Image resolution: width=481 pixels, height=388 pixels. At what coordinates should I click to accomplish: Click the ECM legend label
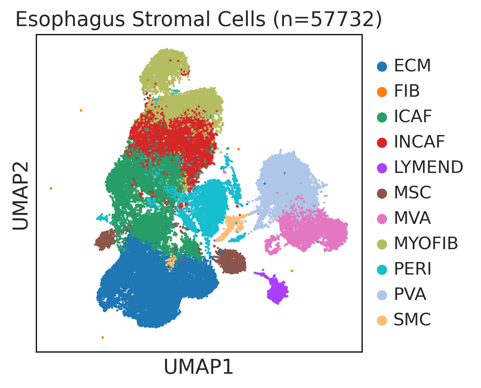(412, 66)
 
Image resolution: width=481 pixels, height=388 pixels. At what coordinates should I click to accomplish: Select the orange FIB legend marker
(382, 92)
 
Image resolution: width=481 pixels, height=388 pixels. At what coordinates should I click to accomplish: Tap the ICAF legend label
(412, 117)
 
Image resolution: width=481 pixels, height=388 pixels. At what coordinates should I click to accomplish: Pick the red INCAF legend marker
(382, 143)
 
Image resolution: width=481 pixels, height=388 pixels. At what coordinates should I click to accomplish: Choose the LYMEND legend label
(428, 167)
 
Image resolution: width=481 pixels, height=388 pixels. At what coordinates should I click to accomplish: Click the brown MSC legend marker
(382, 193)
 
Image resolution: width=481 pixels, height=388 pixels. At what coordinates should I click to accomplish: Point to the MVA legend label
(412, 218)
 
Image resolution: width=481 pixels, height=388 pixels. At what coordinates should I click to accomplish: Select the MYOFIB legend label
(426, 243)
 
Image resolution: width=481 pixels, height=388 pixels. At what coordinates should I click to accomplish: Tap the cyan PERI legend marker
(382, 270)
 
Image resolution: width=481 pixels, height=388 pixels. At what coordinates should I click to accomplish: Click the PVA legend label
(410, 294)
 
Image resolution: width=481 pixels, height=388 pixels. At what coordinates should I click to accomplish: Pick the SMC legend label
(412, 319)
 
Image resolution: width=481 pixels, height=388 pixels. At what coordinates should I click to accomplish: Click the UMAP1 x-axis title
(198, 367)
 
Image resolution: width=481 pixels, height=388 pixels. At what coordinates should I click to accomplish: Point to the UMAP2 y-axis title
(21, 196)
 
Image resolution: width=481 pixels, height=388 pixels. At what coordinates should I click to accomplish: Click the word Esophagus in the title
(70, 20)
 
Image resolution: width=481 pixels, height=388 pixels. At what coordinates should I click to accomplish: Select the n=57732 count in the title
(328, 20)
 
